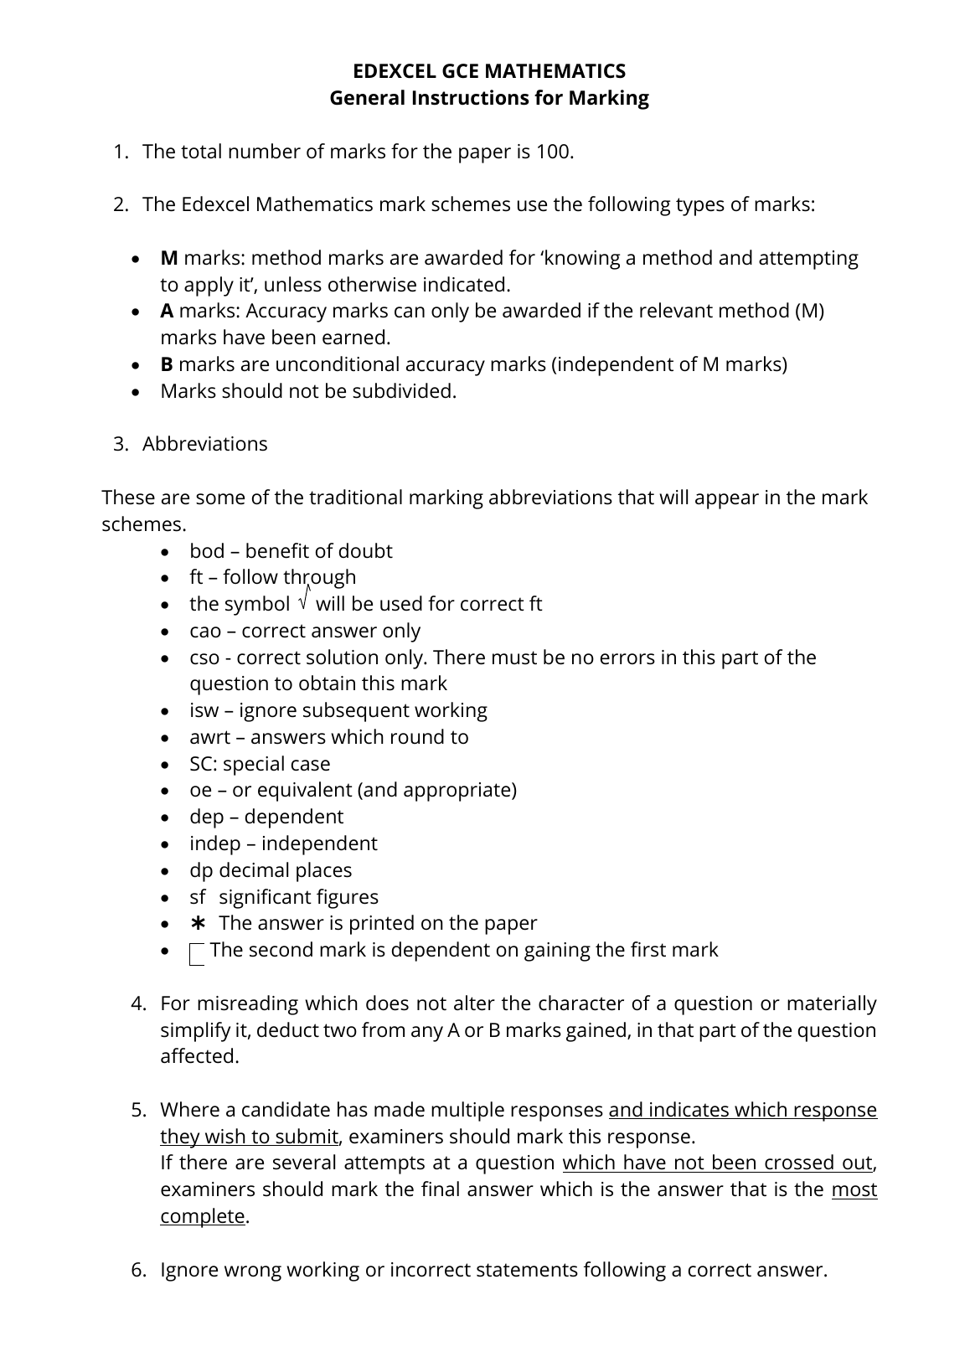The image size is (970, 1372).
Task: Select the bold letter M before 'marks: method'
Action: click(169, 258)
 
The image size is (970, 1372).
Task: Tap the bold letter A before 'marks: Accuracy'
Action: click(167, 311)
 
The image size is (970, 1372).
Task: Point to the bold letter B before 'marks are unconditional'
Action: click(167, 364)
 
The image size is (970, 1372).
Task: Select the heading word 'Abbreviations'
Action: click(204, 444)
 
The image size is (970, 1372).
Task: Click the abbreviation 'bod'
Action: click(207, 551)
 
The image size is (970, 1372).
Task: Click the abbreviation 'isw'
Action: click(204, 710)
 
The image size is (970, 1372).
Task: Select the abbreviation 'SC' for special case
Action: click(201, 764)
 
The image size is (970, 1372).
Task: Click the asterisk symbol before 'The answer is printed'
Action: click(198, 923)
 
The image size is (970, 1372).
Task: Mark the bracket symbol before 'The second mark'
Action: click(197, 953)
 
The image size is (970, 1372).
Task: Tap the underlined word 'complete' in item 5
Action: click(203, 1216)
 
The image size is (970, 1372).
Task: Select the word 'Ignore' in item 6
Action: click(189, 1270)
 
